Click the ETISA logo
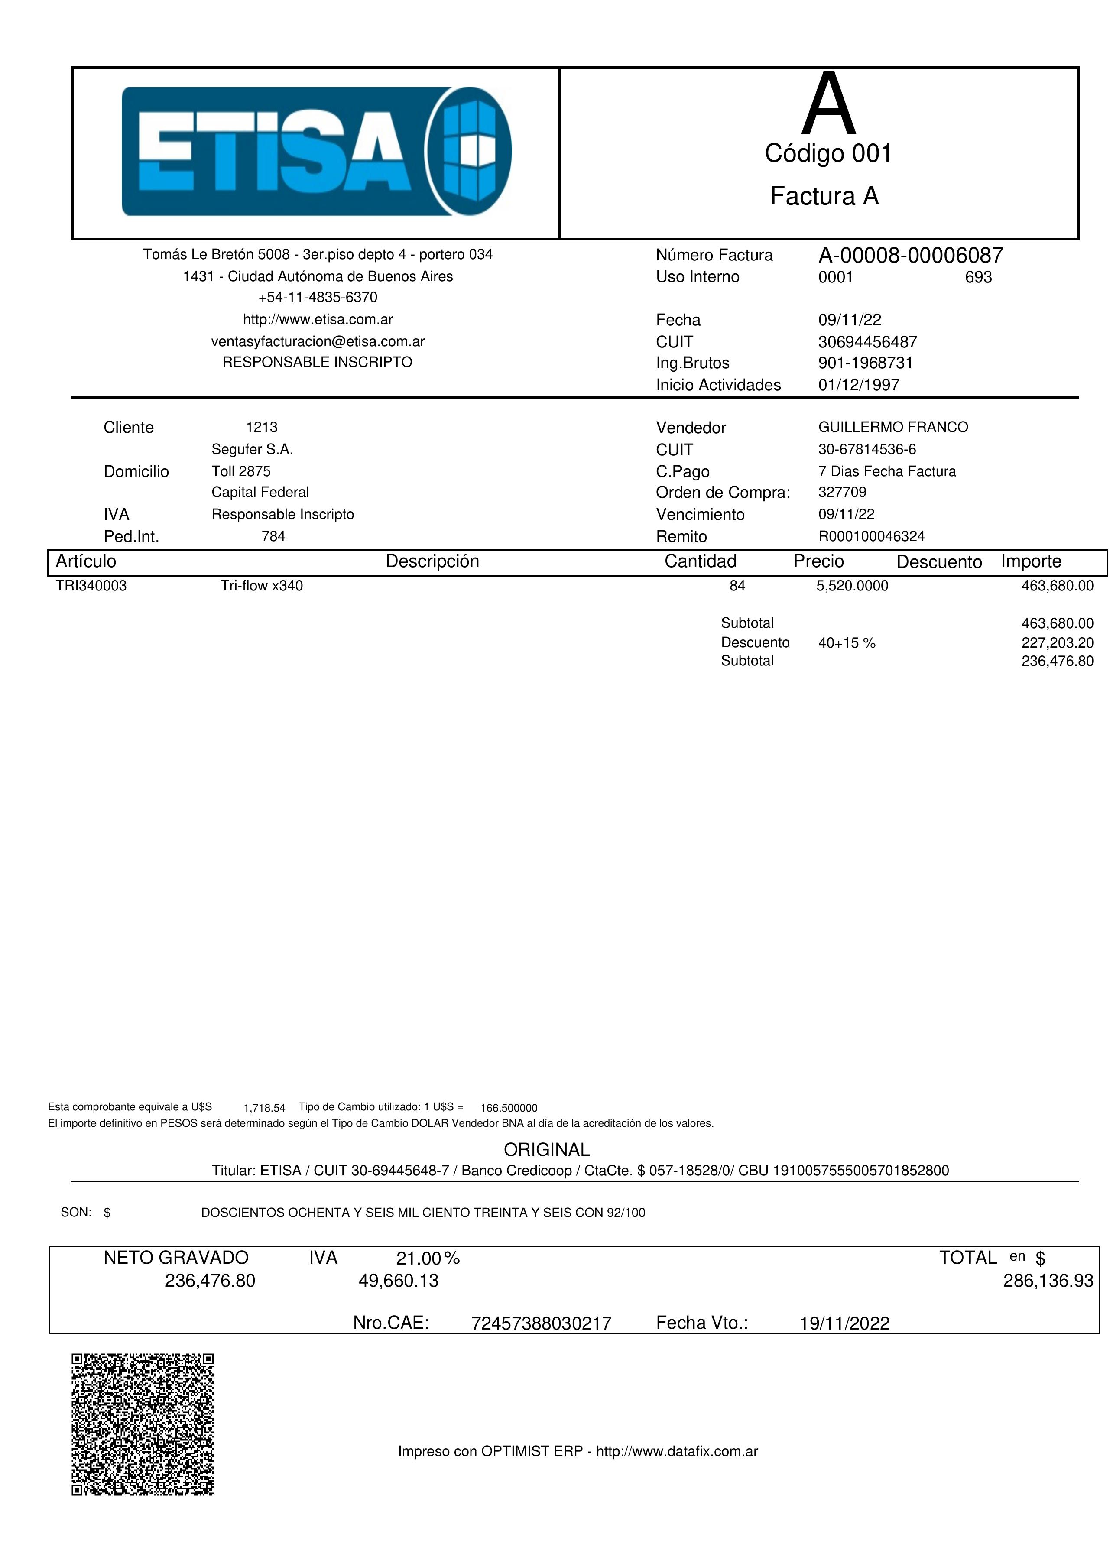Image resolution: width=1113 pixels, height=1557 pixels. (x=316, y=152)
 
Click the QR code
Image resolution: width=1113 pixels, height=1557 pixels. (x=143, y=1424)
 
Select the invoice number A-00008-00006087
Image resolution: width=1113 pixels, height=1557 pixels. (x=910, y=256)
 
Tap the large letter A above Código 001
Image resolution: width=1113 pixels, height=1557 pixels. (x=829, y=106)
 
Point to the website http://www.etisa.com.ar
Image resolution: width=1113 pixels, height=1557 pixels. (x=318, y=319)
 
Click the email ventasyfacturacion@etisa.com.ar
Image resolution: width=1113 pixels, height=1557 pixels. (x=318, y=341)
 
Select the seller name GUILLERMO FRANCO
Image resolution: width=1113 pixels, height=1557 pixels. (x=893, y=428)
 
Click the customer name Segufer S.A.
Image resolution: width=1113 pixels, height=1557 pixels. (x=252, y=450)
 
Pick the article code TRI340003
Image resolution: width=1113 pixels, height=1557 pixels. (x=91, y=586)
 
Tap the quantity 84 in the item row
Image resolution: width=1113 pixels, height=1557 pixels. (x=737, y=586)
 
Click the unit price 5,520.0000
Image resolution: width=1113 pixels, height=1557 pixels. (x=852, y=586)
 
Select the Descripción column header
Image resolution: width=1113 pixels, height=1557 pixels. (x=432, y=562)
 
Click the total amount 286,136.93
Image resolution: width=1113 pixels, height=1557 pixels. (x=1048, y=1281)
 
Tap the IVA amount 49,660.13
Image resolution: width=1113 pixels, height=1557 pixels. (x=398, y=1281)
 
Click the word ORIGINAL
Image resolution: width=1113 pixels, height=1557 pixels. (x=546, y=1150)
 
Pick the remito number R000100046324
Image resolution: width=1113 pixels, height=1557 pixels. (x=871, y=537)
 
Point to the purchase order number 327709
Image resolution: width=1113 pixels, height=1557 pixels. (x=842, y=493)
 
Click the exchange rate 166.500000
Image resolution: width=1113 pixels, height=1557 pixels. (x=509, y=1108)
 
